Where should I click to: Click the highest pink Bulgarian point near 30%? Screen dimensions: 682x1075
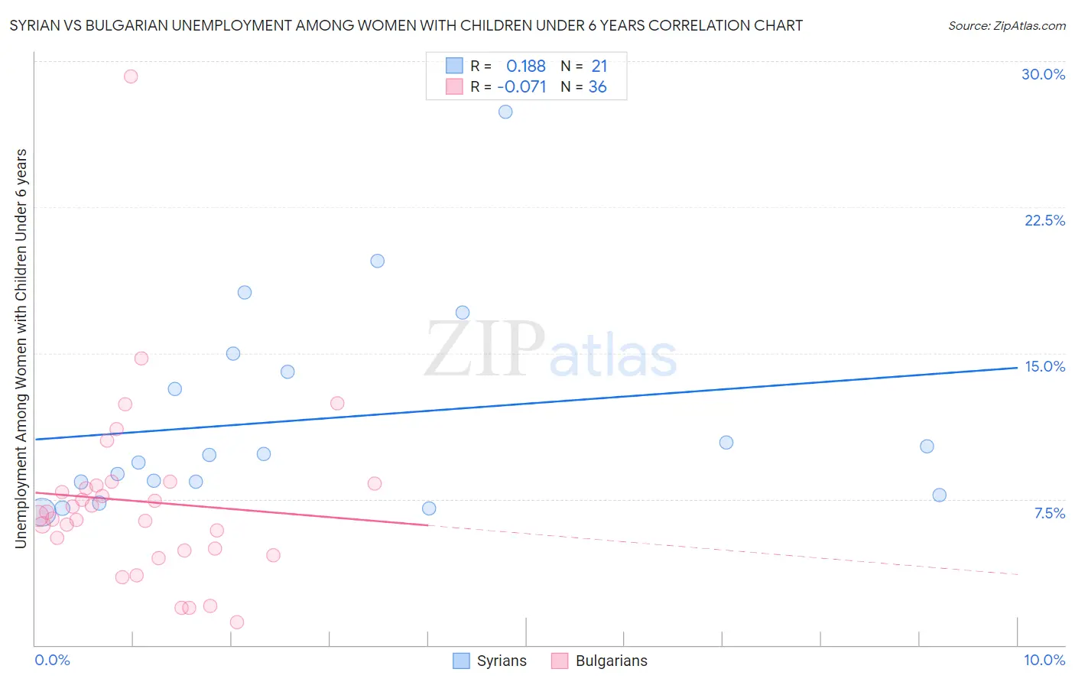(131, 76)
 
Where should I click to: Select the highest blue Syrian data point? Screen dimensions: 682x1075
(505, 112)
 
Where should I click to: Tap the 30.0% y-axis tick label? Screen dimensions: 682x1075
(1043, 74)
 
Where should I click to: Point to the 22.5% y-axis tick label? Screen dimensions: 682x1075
(1044, 220)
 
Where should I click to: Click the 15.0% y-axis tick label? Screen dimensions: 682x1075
(1044, 366)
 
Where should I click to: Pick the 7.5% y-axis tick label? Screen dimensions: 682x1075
(1049, 513)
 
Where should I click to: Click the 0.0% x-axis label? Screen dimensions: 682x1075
(52, 660)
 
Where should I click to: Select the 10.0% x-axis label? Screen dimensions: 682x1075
(1044, 660)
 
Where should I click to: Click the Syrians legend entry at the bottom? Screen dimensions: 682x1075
(501, 661)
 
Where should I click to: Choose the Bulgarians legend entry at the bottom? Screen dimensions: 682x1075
(611, 661)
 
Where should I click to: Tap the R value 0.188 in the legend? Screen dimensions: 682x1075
(526, 67)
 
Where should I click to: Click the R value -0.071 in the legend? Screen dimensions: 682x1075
(521, 87)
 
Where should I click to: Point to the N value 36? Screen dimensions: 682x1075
(597, 87)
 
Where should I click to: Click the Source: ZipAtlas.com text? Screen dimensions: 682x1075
(1006, 26)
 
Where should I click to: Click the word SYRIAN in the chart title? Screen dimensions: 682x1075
(34, 26)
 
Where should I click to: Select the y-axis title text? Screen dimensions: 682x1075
(21, 349)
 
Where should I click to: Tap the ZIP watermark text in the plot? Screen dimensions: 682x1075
(485, 350)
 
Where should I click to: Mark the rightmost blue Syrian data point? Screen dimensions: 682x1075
(940, 495)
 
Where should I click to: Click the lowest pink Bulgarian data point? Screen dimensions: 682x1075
(237, 622)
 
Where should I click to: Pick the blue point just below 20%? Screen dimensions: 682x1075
(377, 261)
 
